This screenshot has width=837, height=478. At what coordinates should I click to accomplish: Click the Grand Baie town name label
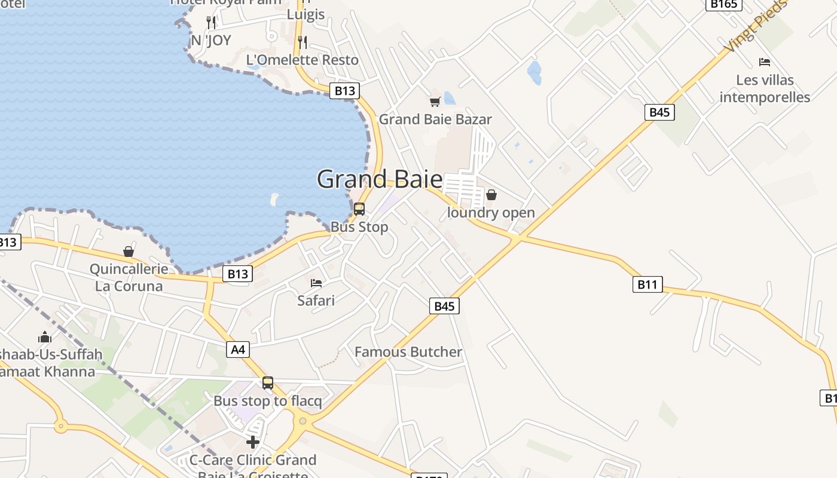[380, 179]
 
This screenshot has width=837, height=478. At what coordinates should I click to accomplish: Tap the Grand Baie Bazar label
[435, 119]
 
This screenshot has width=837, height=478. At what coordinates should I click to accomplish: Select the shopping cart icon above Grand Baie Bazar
[435, 102]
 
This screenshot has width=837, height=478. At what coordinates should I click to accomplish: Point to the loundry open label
[491, 213]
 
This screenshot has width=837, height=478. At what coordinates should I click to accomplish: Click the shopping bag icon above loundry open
[491, 195]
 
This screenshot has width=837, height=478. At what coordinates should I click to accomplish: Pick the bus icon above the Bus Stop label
[359, 209]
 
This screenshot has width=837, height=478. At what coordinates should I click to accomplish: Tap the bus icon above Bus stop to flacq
[268, 383]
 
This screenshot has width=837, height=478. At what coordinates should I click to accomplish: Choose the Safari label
[316, 301]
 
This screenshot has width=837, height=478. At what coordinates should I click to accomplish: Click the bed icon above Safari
[316, 283]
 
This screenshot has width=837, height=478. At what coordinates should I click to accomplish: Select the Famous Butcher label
[408, 352]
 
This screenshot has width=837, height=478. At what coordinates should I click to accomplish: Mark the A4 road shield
[238, 350]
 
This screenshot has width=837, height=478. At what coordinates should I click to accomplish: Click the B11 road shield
[647, 284]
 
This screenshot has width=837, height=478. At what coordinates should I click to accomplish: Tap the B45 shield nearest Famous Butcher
[444, 306]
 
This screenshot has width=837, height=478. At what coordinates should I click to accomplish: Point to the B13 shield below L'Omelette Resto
[344, 91]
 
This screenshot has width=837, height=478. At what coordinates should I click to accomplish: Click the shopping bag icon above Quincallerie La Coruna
[129, 252]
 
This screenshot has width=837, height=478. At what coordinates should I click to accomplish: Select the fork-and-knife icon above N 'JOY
[210, 23]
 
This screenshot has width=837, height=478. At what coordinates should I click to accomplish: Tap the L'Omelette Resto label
[303, 60]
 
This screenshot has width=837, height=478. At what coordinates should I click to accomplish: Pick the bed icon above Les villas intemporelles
[765, 62]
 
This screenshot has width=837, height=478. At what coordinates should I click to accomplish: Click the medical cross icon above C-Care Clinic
[253, 442]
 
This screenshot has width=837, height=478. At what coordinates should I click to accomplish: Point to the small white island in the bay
[274, 199]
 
